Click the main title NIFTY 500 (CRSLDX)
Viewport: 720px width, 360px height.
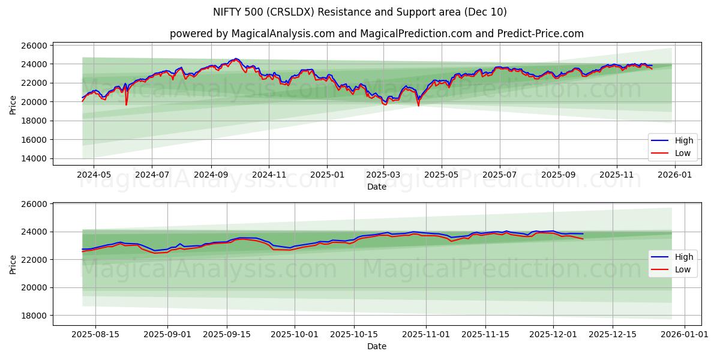360,12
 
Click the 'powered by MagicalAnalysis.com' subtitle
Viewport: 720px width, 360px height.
376,34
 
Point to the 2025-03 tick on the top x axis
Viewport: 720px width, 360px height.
384,175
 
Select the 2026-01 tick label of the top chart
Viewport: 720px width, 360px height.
675,175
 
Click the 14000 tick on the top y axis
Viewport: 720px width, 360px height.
35,159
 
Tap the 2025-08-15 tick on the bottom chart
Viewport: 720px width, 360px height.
95,334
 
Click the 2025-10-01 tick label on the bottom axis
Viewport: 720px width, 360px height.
295,334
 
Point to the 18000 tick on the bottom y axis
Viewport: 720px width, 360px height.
35,316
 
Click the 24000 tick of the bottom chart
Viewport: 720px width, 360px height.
35,232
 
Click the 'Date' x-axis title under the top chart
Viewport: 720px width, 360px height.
376,187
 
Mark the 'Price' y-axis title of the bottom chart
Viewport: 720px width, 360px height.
13,263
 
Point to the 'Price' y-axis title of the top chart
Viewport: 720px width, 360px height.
13,104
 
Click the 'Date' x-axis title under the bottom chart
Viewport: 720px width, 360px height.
376,346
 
